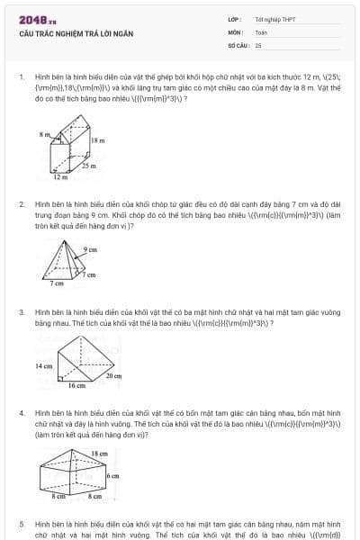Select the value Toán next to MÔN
point(261,31)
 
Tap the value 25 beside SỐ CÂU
point(258,44)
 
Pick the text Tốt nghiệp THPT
point(274,19)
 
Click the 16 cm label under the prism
point(76,385)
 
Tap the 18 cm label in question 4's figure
point(100,454)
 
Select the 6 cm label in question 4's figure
point(112,474)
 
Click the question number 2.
point(21,204)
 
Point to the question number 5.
point(21,522)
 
